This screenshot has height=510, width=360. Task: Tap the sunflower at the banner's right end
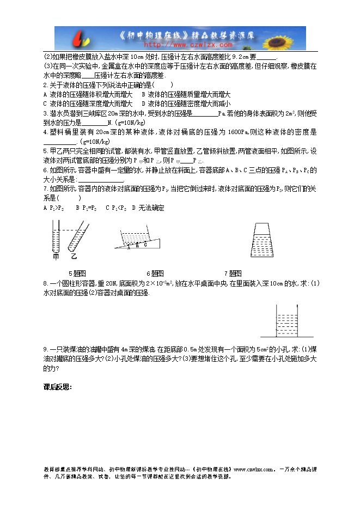tap(291, 37)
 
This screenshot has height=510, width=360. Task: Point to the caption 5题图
tap(77, 274)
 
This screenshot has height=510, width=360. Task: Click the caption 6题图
tap(155, 274)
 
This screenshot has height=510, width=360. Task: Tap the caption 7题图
tap(233, 274)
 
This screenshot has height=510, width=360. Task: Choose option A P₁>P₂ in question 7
tap(53, 208)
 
